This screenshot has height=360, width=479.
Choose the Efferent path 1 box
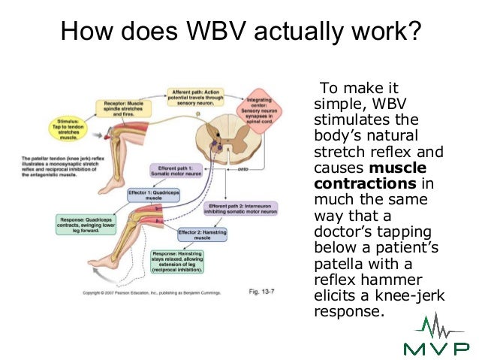pyautogui.click(x=174, y=171)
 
